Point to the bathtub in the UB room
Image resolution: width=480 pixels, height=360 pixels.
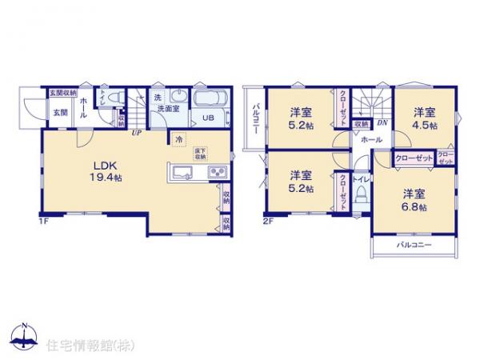pyautogui.click(x=209, y=101)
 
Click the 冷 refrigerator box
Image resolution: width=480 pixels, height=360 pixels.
pyautogui.click(x=178, y=138)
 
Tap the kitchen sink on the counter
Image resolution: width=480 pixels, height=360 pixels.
pyautogui.click(x=179, y=173)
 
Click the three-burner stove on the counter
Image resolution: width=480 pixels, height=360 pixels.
pyautogui.click(x=216, y=173)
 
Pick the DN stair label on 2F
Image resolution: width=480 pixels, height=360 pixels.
pyautogui.click(x=382, y=122)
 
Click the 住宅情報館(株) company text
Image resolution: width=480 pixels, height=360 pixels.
pyautogui.click(x=82, y=344)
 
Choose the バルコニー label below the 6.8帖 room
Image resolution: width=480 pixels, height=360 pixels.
pyautogui.click(x=414, y=245)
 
